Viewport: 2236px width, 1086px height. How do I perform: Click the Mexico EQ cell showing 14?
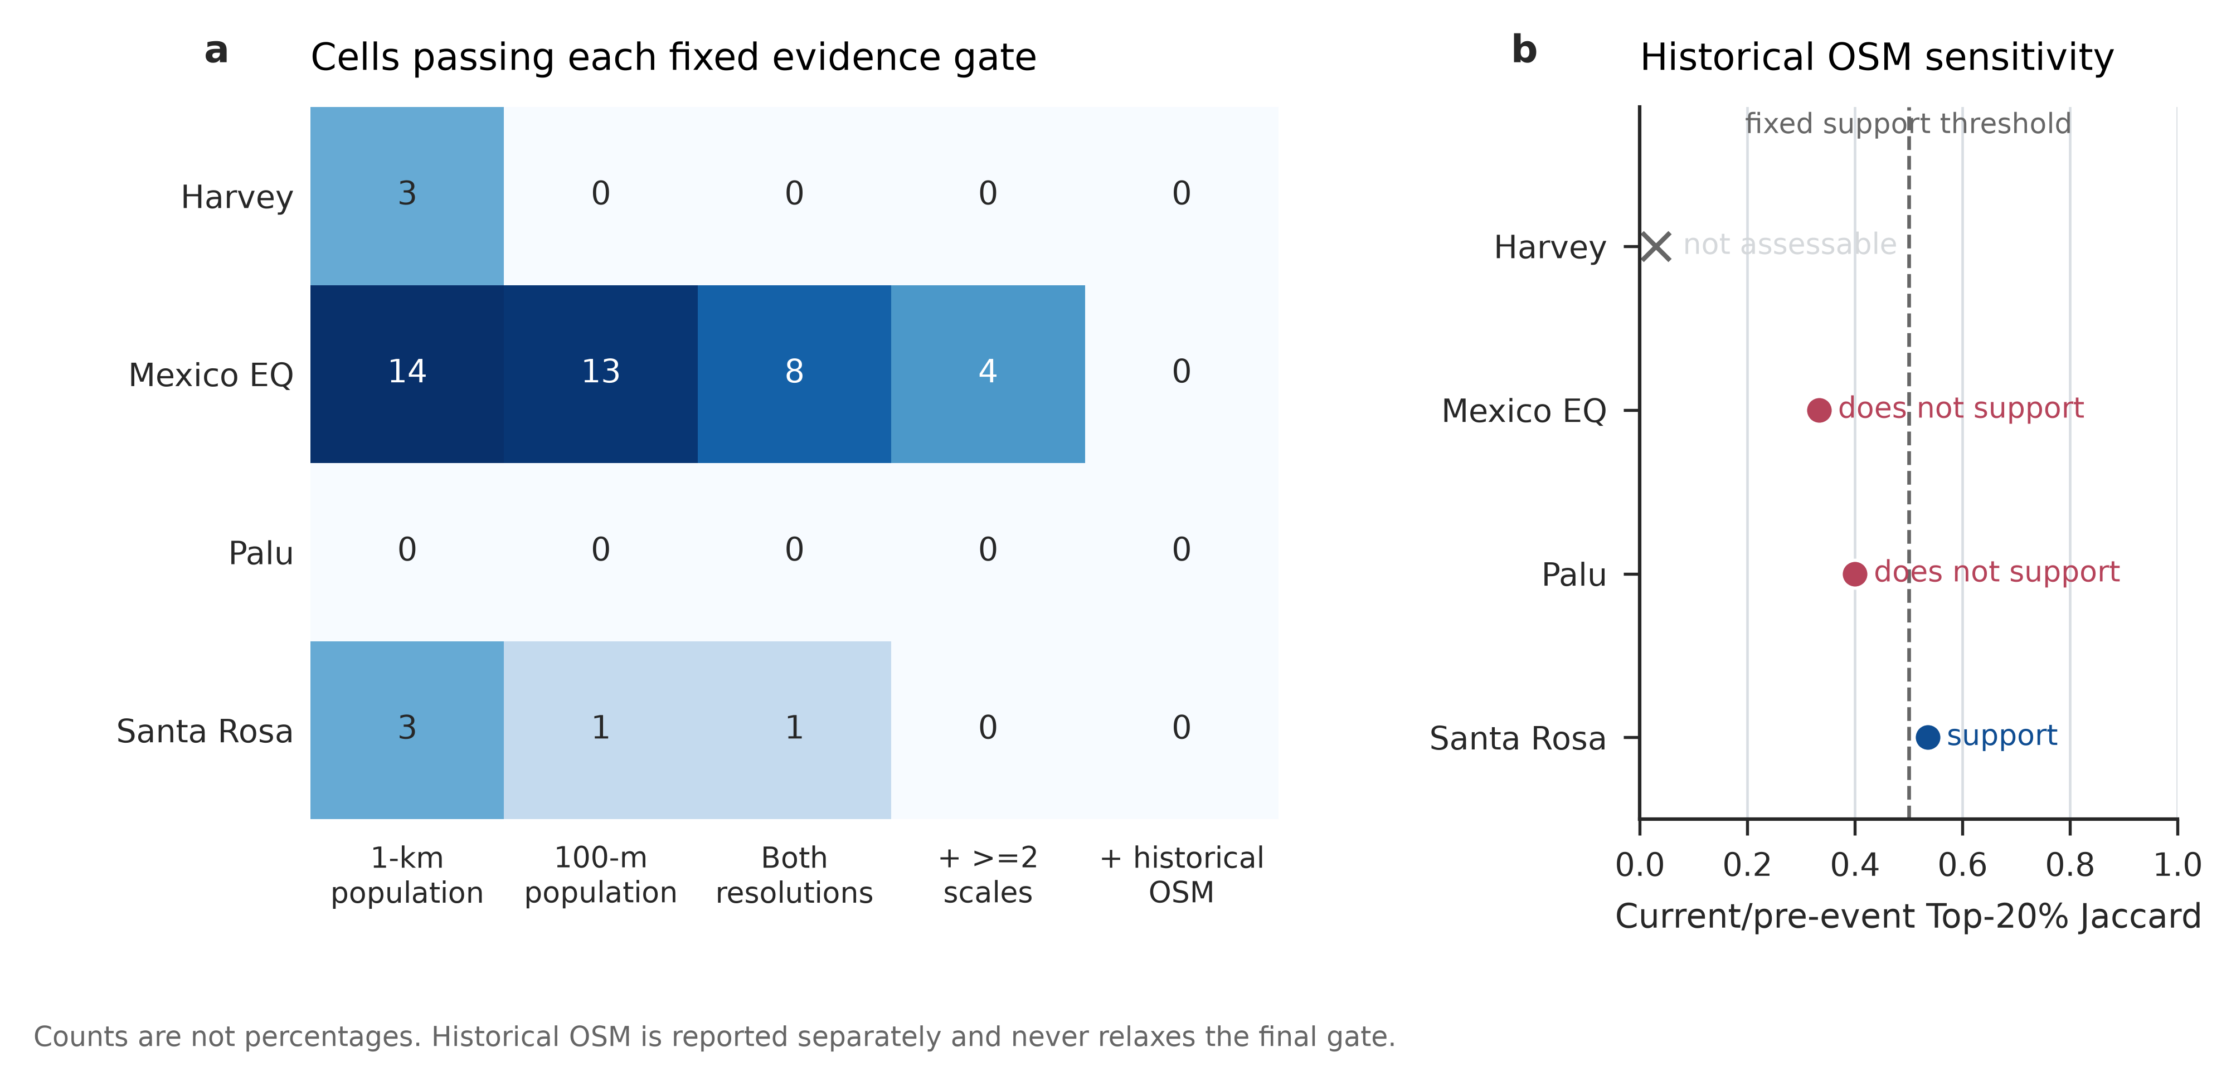point(407,374)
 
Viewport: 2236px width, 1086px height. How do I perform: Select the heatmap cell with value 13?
point(601,374)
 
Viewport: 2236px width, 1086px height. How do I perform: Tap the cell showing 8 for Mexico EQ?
point(794,374)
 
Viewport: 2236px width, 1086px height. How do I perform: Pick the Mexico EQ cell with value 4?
point(988,374)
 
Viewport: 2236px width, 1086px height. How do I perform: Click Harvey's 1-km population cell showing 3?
point(407,196)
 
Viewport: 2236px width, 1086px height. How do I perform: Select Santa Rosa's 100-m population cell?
point(601,730)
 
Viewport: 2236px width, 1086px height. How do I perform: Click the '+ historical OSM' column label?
point(1182,875)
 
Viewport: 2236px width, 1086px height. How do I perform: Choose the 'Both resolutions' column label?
point(794,875)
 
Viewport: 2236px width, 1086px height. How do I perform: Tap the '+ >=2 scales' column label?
point(988,875)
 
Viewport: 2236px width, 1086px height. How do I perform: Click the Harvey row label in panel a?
point(237,197)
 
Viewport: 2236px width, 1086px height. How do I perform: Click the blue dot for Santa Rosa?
point(1928,737)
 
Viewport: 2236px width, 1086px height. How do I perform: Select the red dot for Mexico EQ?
point(1819,410)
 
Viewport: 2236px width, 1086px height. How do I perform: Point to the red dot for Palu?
point(1855,574)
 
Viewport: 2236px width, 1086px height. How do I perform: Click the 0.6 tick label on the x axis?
point(1962,865)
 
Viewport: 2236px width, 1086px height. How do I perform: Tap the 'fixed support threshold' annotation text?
point(1908,124)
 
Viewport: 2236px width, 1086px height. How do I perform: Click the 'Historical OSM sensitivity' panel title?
point(1877,58)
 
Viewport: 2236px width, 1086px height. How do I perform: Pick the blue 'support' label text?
point(2001,736)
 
